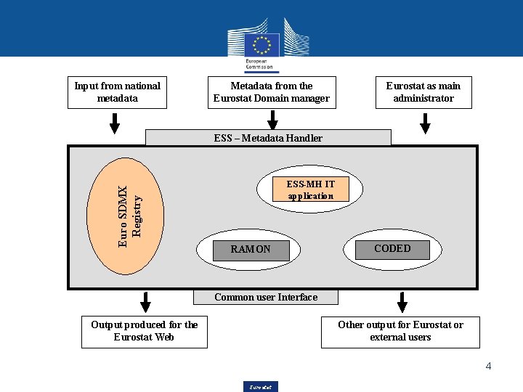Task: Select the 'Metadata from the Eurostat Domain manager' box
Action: (x=272, y=92)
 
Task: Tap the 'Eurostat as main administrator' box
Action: (x=423, y=92)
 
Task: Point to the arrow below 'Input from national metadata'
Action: (x=114, y=123)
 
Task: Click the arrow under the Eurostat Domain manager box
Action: (x=272, y=121)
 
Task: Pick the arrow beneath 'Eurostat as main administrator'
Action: (x=426, y=123)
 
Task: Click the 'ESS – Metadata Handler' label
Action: (x=268, y=138)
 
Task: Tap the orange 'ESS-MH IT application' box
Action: (x=310, y=189)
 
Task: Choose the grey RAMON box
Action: (x=251, y=250)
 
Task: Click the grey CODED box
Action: (x=392, y=249)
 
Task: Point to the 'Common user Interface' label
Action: (x=266, y=297)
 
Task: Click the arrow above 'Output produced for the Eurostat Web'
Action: (x=145, y=302)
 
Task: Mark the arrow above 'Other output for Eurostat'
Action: (x=402, y=302)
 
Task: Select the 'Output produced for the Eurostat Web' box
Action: (x=145, y=331)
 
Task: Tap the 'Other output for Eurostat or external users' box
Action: (x=400, y=331)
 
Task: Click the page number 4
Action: (x=488, y=366)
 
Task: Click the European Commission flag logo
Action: (x=261, y=46)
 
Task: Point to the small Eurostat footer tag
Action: (x=261, y=387)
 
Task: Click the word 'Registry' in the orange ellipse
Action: (x=137, y=211)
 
